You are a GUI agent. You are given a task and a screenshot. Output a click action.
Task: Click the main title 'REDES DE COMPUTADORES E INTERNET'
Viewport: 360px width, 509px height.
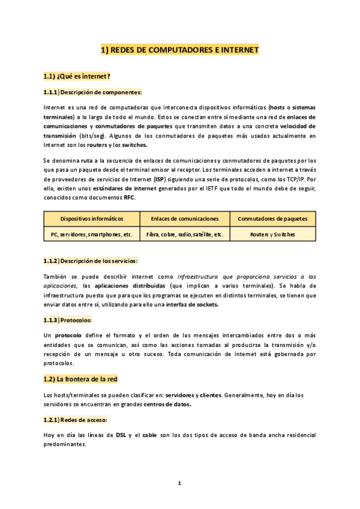[x=179, y=51]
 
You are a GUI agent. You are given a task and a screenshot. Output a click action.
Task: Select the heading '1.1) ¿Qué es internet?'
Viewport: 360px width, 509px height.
[x=76, y=76]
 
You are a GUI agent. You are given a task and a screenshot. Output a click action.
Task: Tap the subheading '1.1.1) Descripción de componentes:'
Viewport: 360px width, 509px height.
[x=92, y=92]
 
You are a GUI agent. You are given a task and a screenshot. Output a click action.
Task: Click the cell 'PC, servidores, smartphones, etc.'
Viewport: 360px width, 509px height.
[x=92, y=235]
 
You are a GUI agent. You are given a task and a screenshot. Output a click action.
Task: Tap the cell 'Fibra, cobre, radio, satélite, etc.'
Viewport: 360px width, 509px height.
[x=185, y=235]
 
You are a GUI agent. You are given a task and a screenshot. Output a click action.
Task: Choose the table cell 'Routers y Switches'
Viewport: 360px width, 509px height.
[x=272, y=235]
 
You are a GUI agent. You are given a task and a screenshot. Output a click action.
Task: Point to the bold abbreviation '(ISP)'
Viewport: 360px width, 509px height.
[x=159, y=179]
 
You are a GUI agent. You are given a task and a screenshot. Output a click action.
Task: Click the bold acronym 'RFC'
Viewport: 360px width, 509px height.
[x=129, y=197]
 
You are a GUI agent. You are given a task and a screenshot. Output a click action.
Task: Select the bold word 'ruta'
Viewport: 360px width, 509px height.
[x=88, y=161]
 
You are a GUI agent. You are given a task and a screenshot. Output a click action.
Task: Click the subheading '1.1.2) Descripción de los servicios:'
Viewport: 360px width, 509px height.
[x=91, y=261]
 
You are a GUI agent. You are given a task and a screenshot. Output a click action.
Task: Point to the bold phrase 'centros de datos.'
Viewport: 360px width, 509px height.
[x=167, y=404]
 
